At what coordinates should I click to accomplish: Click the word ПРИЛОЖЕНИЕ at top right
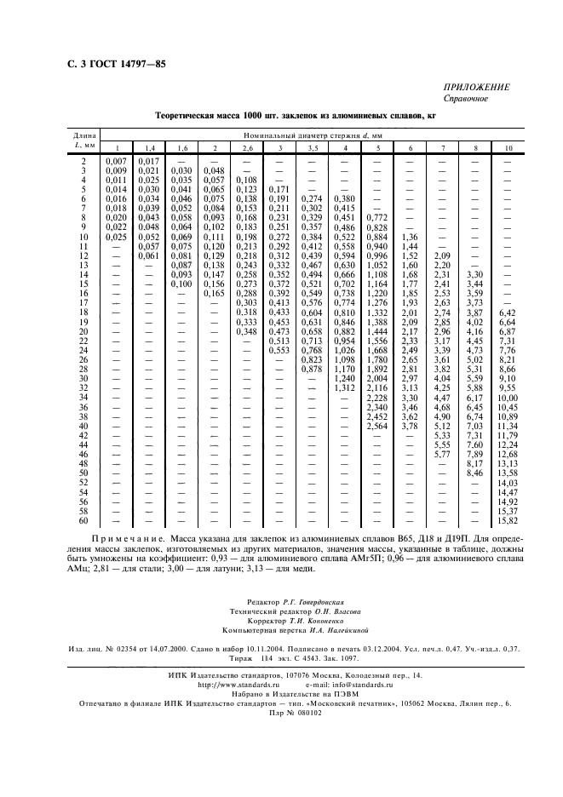point(477,87)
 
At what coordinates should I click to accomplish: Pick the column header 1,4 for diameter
point(148,148)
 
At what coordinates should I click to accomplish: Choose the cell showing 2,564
point(376,426)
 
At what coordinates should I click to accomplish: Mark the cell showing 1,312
point(343,387)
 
